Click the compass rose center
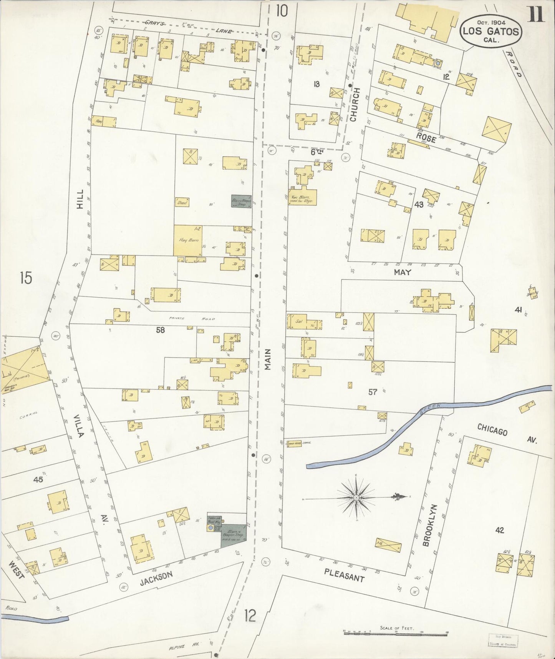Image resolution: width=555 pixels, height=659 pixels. (x=356, y=498)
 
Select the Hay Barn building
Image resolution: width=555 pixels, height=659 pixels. (x=188, y=240)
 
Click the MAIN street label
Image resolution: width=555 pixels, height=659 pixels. (x=267, y=359)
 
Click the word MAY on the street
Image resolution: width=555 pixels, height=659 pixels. (x=402, y=272)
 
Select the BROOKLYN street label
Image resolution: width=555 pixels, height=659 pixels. (x=427, y=525)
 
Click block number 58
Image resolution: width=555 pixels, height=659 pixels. (x=161, y=330)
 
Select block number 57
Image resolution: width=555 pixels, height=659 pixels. (x=373, y=392)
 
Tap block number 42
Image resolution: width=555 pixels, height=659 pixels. (x=499, y=530)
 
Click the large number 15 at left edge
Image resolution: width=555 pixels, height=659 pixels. (x=26, y=278)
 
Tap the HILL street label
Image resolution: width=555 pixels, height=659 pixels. (x=80, y=201)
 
